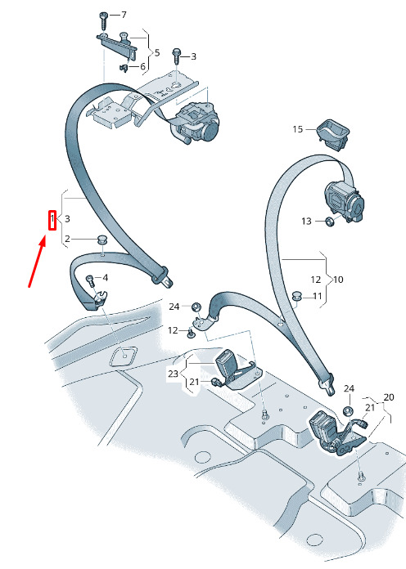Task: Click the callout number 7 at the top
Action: [124, 15]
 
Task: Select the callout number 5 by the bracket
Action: [157, 52]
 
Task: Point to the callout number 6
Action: [142, 66]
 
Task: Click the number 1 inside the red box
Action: [52, 219]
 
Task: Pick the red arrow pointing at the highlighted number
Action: [38, 262]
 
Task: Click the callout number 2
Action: [67, 240]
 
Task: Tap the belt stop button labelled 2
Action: [101, 240]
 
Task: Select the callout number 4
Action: [106, 278]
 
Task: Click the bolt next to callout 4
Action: [90, 280]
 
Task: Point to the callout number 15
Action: [298, 129]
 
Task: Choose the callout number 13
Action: [306, 221]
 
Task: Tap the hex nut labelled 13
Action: [329, 222]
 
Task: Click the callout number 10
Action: [338, 280]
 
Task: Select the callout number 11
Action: [318, 297]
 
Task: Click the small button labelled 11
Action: [297, 295]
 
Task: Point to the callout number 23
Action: [173, 374]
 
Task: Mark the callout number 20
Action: [389, 397]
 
